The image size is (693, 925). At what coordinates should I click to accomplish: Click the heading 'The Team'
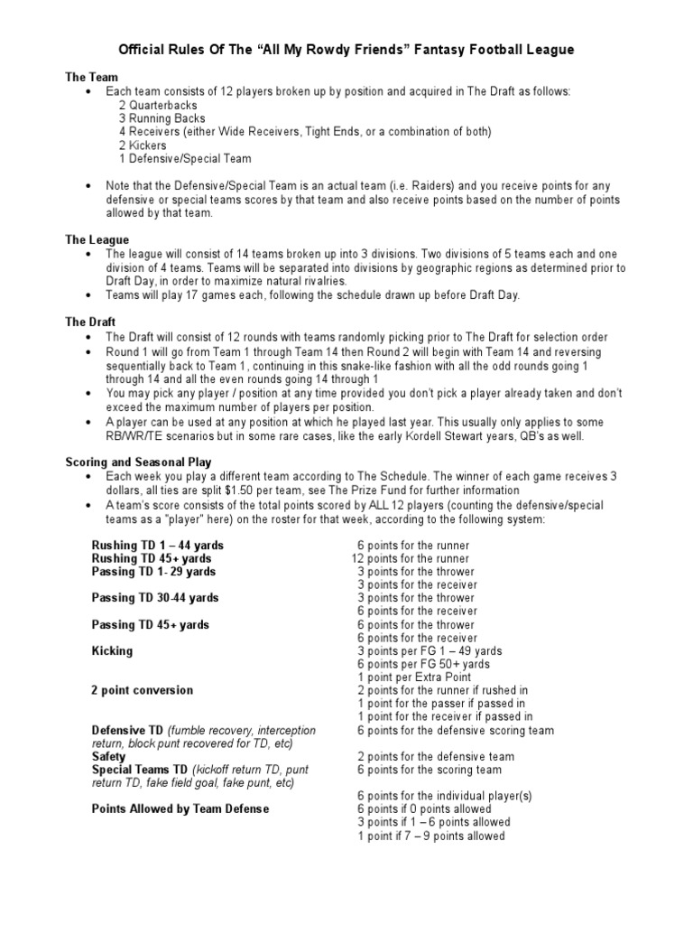click(x=91, y=78)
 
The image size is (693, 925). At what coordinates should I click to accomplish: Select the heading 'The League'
click(x=97, y=240)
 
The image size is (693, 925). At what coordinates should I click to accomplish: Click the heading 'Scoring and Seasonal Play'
click(x=138, y=461)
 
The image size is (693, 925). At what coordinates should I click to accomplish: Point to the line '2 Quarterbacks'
click(x=157, y=105)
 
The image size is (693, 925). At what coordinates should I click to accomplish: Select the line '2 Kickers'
click(x=143, y=145)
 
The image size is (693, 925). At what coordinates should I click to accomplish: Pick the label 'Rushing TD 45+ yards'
click(x=152, y=559)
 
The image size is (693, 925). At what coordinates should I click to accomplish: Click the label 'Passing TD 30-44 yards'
click(x=155, y=598)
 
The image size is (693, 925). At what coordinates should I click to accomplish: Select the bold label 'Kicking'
click(x=112, y=650)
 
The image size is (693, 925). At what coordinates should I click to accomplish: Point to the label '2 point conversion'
click(x=143, y=690)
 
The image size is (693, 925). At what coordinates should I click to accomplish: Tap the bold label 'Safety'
click(x=109, y=756)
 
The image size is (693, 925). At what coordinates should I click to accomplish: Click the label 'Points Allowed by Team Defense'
click(x=180, y=809)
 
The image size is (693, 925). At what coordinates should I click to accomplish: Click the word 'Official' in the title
click(x=146, y=51)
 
